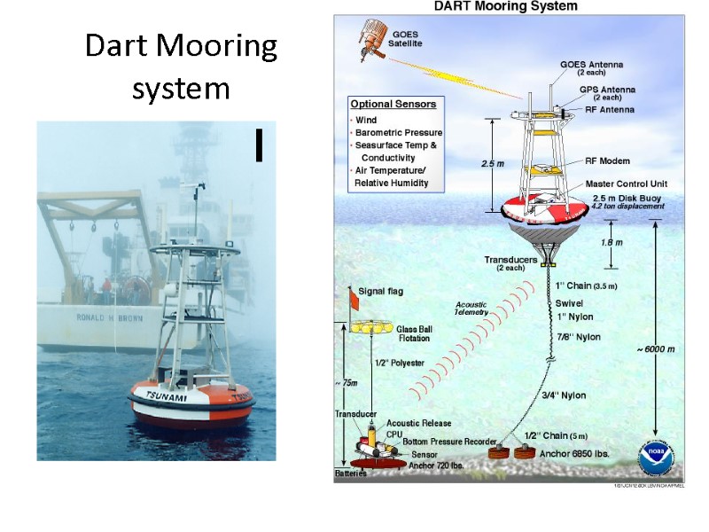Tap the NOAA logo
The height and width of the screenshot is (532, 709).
(x=657, y=458)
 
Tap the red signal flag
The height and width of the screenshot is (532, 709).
(x=353, y=302)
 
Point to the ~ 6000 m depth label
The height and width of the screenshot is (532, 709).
(x=655, y=349)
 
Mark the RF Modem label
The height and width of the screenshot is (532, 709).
(x=608, y=161)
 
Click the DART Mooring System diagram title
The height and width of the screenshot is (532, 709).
(x=503, y=6)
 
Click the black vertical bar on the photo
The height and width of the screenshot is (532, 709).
(x=258, y=145)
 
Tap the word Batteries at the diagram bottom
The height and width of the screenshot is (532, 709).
(x=350, y=474)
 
